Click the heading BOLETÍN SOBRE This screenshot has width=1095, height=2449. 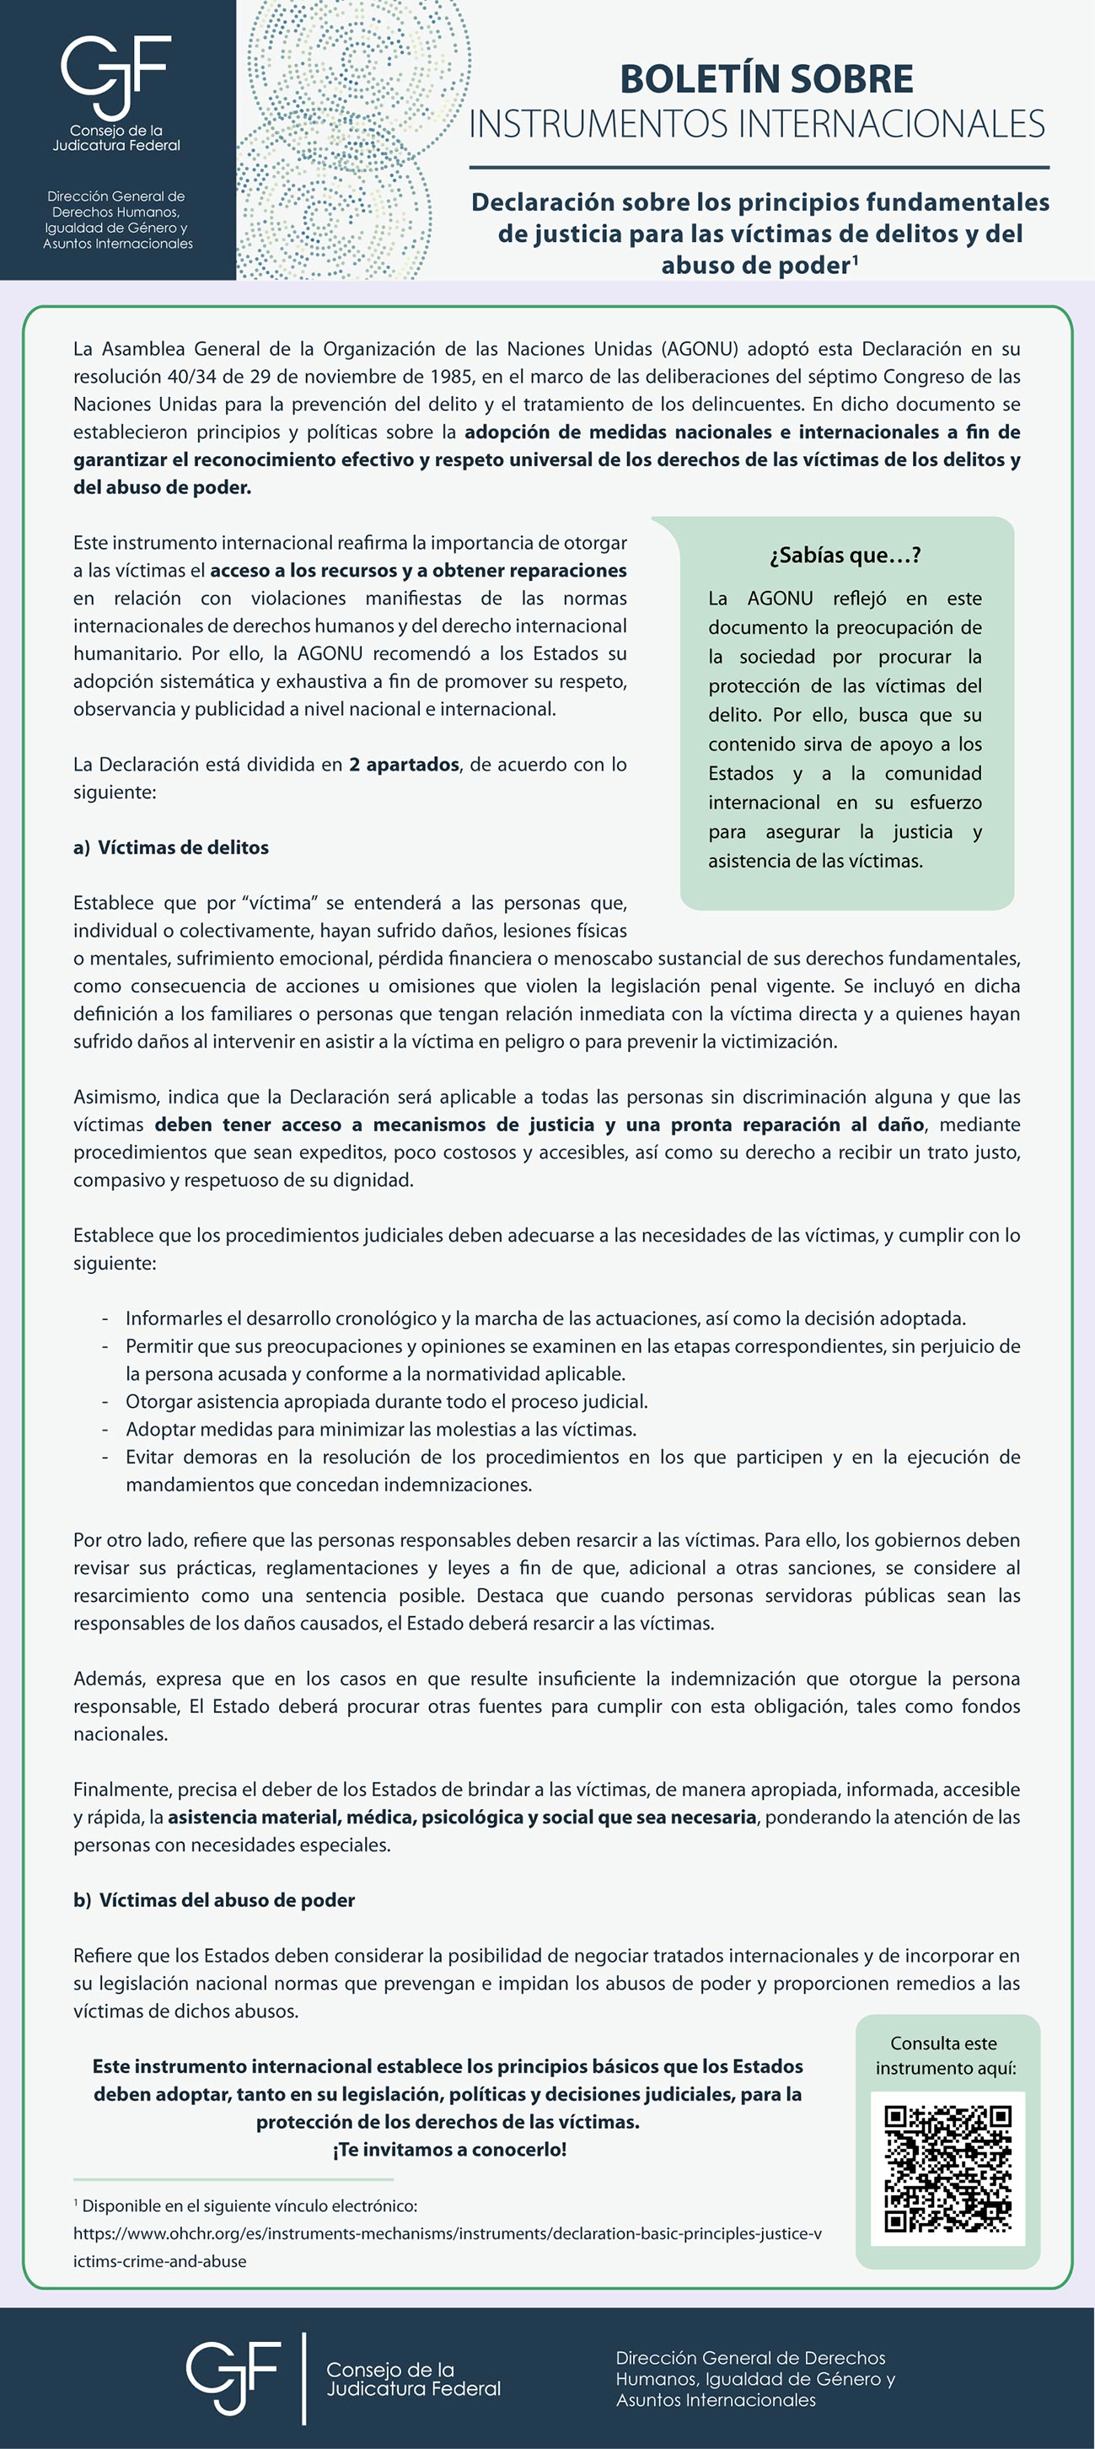(766, 79)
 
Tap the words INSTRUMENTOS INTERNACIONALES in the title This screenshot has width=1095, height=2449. (757, 125)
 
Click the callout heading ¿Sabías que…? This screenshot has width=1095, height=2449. (845, 556)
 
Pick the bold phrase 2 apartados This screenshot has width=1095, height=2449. (404, 765)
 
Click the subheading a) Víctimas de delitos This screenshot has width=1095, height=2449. (171, 847)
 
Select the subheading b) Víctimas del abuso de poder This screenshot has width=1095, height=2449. (214, 1899)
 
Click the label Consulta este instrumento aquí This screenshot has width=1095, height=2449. (946, 2055)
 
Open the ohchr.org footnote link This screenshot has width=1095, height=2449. (447, 2233)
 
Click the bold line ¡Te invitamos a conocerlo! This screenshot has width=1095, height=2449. (449, 2150)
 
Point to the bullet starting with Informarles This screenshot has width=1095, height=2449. (545, 1318)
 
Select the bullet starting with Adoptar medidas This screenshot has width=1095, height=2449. (380, 1429)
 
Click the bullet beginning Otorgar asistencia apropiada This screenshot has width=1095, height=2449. (386, 1401)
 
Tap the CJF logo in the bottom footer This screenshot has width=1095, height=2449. (233, 2379)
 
